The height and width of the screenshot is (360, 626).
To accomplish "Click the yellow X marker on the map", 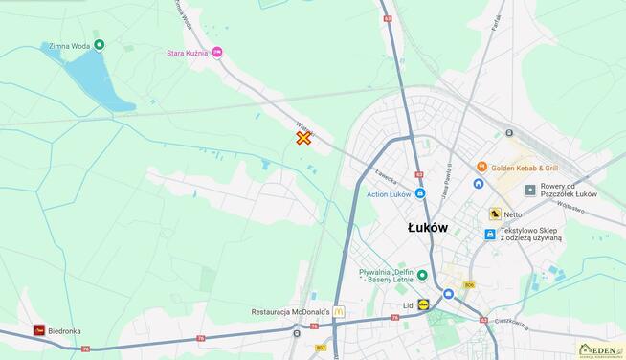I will click(x=303, y=138).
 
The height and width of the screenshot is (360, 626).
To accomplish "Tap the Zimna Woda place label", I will click(x=66, y=45).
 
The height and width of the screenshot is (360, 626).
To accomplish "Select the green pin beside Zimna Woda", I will click(x=100, y=45).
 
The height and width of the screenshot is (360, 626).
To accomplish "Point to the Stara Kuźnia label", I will click(x=187, y=54).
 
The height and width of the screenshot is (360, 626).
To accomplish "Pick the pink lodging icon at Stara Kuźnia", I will click(x=217, y=53).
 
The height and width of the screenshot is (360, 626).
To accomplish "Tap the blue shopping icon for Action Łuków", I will click(x=420, y=193).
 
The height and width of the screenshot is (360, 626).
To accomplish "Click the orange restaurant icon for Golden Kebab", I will click(x=481, y=168).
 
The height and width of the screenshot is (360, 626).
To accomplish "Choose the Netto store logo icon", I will click(x=495, y=214).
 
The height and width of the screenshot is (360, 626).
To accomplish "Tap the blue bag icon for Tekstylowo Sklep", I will click(x=490, y=234).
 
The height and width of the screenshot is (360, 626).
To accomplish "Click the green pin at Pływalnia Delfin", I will click(x=422, y=275).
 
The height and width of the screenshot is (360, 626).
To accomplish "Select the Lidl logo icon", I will click(x=424, y=304).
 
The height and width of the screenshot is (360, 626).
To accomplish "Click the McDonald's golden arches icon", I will click(x=339, y=312).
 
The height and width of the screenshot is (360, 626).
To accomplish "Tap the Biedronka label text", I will click(x=65, y=331).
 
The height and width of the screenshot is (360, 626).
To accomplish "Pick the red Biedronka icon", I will click(x=39, y=330).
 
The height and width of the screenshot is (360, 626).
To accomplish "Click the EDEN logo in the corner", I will click(x=600, y=350).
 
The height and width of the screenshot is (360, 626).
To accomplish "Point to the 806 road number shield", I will click(x=469, y=285).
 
